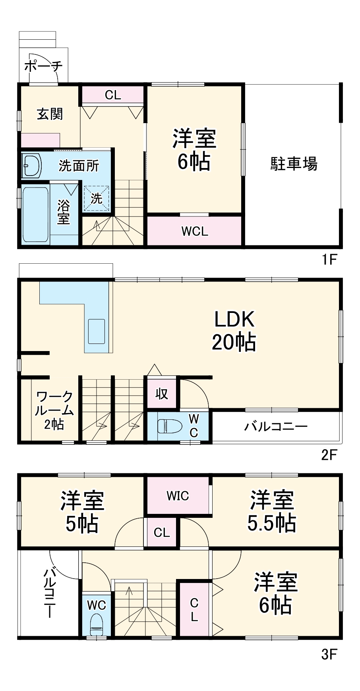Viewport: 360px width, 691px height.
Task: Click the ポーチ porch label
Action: click(43, 66)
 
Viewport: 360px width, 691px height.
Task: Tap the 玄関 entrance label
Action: click(50, 114)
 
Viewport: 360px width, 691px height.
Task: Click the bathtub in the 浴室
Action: click(35, 214)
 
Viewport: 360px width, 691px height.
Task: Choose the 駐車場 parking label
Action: click(294, 163)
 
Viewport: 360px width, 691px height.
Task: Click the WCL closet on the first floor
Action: click(195, 231)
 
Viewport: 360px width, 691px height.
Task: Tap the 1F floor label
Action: click(329, 260)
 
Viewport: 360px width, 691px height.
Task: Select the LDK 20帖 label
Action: click(234, 330)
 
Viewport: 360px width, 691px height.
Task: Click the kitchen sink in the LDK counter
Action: click(97, 331)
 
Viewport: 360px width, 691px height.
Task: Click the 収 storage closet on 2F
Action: click(162, 394)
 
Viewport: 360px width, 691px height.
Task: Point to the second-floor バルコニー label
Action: click(275, 427)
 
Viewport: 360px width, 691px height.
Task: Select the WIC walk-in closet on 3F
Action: click(178, 496)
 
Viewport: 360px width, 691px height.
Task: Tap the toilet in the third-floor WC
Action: click(96, 625)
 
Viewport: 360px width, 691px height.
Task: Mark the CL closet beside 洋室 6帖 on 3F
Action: click(194, 610)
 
